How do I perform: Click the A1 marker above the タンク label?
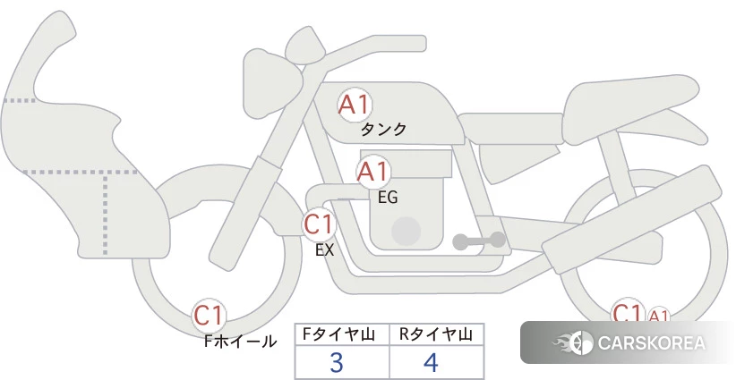coord(355,105)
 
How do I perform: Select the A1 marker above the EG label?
coord(373,172)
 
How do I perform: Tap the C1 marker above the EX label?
coord(318,224)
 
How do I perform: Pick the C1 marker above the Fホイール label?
coord(210,316)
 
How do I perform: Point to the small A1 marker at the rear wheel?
coord(658,316)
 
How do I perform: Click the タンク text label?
coord(383,130)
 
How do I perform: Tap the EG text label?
coord(388,197)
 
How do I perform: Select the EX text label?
coord(324,250)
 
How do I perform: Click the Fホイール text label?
coord(240,342)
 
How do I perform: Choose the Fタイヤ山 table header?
coord(342,334)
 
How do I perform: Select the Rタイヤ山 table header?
coord(436,334)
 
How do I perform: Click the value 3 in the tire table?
coord(337,363)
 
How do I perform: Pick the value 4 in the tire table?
coord(432,363)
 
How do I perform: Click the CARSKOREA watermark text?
coord(651,343)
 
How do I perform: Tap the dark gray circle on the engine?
coord(407,231)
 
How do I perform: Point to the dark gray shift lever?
coord(479,241)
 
